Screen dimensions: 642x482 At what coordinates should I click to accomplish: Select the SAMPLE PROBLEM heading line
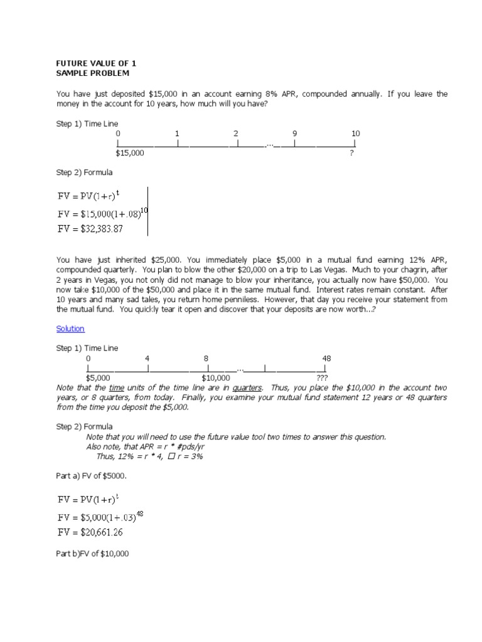[93, 73]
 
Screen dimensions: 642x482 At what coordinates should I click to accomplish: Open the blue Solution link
[70, 329]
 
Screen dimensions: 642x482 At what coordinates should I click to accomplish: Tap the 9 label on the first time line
[294, 134]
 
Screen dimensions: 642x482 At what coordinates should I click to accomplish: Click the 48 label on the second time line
[326, 358]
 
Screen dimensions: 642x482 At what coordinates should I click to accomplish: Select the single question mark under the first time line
[351, 153]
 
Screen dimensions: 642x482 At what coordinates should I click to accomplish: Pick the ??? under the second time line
[322, 378]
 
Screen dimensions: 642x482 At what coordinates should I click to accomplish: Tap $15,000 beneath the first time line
[130, 153]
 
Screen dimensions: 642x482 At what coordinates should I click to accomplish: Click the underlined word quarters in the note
[247, 387]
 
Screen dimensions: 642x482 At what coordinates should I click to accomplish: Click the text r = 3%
[189, 456]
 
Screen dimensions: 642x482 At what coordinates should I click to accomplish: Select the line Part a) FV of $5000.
[92, 476]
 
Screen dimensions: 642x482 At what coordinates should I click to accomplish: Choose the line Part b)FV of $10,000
[92, 554]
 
